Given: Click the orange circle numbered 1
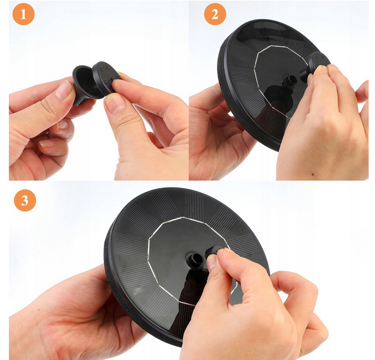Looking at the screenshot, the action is (x=23, y=14).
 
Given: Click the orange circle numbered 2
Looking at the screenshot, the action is (x=215, y=14).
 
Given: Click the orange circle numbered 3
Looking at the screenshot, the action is (x=25, y=200).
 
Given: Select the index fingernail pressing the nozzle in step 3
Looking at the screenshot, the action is (x=211, y=262).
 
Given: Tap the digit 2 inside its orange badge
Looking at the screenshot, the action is (x=215, y=14).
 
